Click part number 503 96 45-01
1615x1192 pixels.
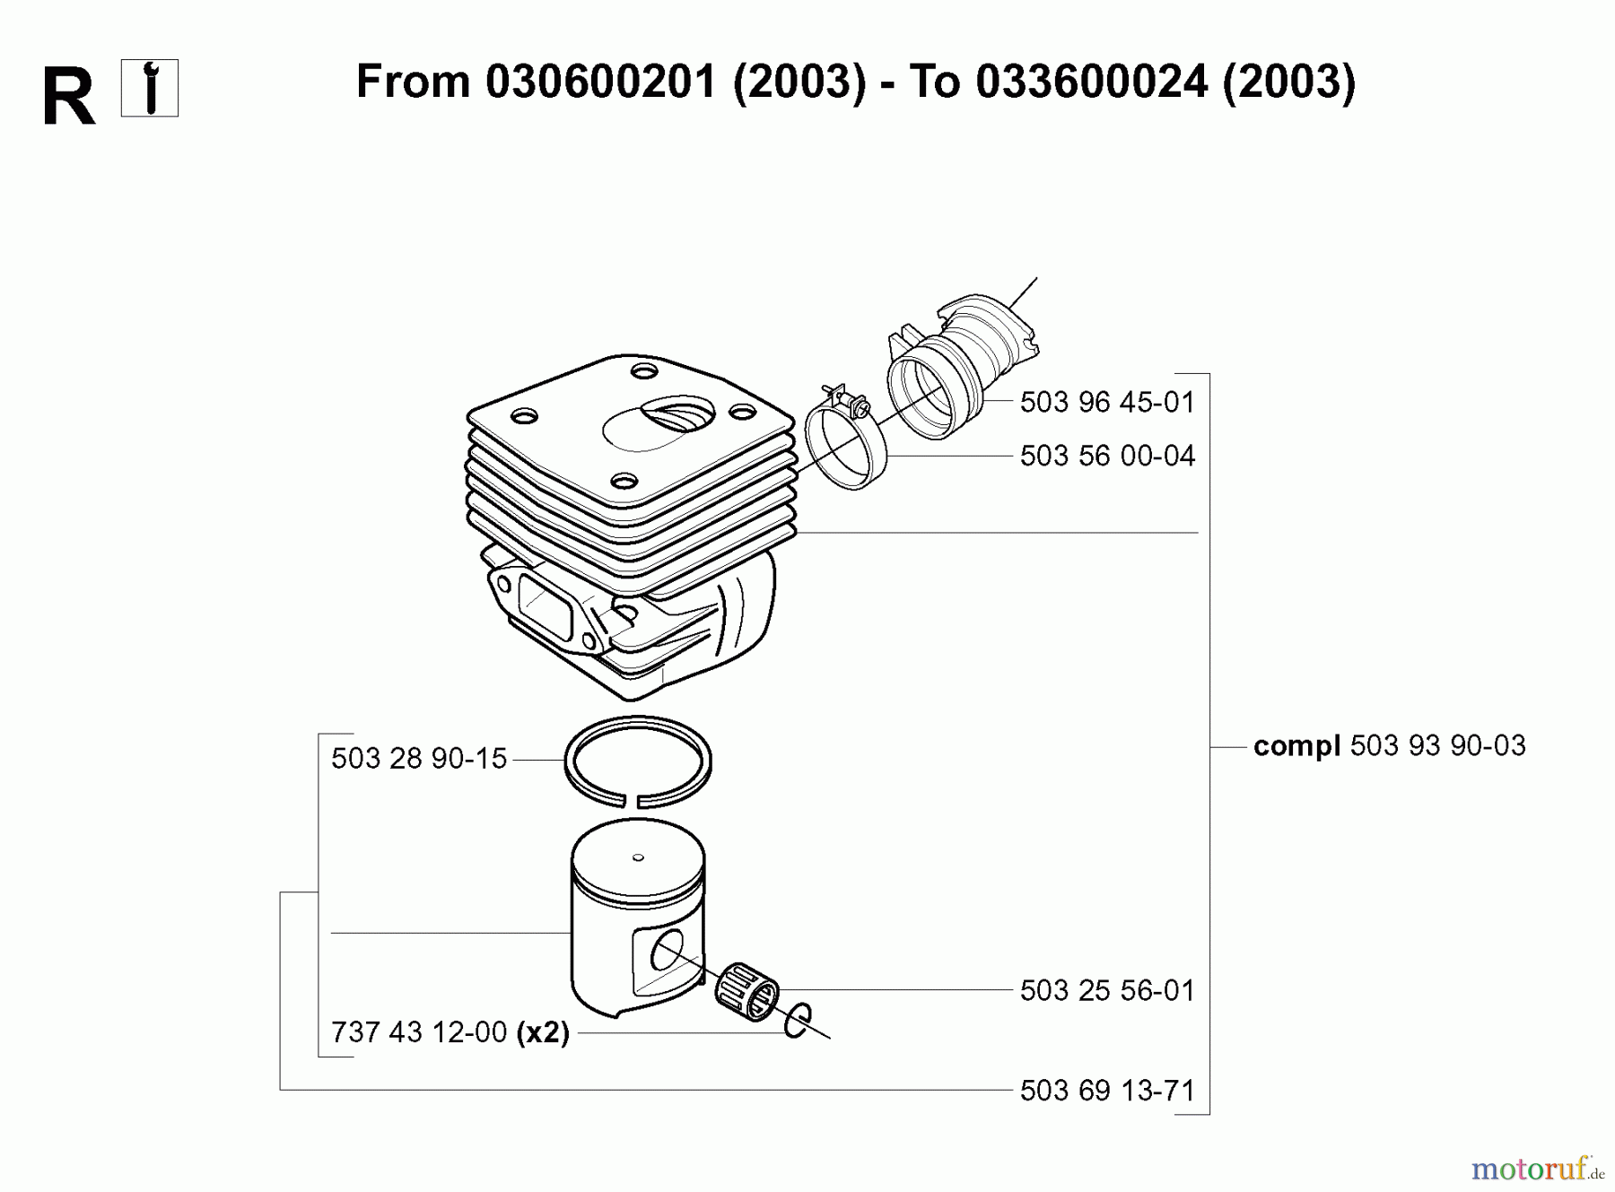(1107, 402)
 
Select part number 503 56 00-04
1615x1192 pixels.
(1107, 456)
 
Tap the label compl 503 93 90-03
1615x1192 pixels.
(1389, 745)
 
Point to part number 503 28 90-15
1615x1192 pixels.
(419, 759)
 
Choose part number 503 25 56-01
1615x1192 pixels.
(1107, 990)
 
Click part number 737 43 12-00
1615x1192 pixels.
(419, 1032)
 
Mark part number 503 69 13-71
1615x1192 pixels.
(1107, 1091)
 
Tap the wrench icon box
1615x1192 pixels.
(150, 88)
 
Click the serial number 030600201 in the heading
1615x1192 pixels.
(601, 83)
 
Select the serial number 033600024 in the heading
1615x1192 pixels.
(1091, 83)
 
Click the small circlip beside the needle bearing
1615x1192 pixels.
(797, 1021)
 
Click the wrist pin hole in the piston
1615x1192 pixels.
(666, 951)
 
